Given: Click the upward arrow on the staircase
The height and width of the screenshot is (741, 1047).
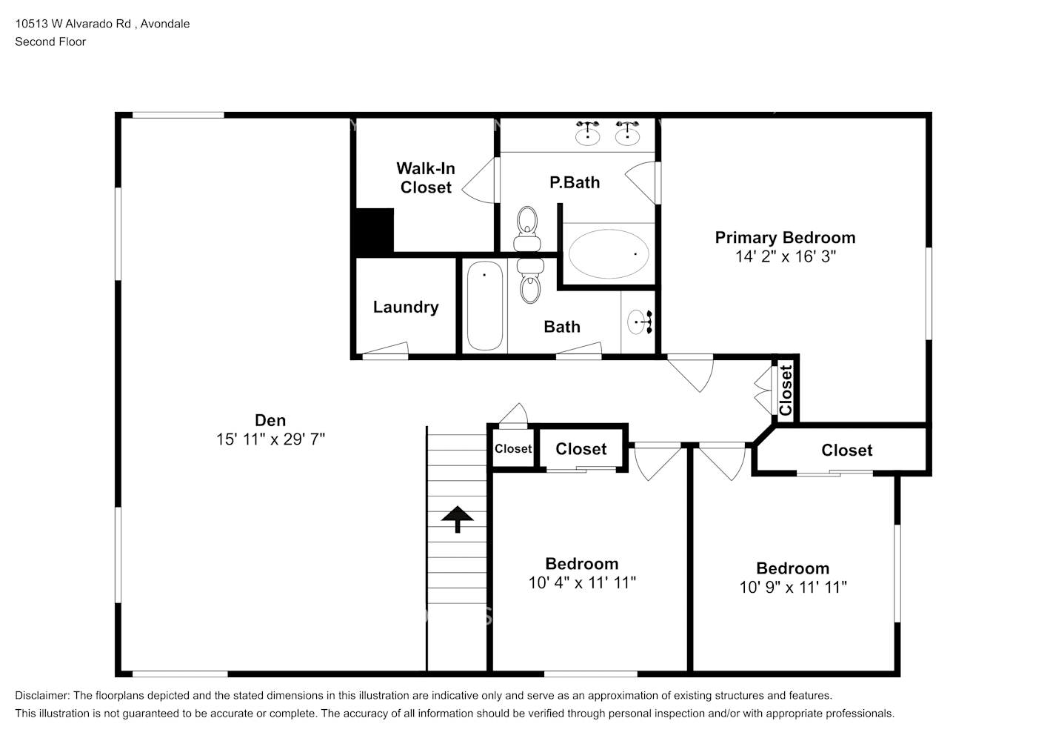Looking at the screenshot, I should tap(458, 519).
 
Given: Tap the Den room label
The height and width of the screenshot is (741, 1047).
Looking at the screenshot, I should tap(270, 420).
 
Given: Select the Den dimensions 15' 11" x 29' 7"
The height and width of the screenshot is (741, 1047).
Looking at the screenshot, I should tap(270, 439).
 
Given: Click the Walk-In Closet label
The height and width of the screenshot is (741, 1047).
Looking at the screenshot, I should tap(426, 178).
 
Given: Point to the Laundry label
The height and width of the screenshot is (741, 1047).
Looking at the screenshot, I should tap(406, 307).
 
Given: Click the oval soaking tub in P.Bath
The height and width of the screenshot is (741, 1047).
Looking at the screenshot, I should tap(609, 254).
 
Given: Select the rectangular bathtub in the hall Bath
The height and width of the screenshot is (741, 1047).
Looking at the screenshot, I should tap(485, 305).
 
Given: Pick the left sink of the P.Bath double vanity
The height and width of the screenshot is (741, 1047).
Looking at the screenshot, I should tap(588, 133).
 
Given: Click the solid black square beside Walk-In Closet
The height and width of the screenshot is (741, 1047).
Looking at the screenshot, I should tap(374, 230).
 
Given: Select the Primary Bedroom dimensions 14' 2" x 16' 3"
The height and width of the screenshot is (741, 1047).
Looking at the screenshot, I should tap(785, 256).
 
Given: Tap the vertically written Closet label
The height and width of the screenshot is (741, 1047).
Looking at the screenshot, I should tap(786, 390).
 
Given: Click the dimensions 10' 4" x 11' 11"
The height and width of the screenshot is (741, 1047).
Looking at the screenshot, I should tap(582, 583).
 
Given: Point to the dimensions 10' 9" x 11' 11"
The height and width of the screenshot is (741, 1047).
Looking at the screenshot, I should tap(793, 588).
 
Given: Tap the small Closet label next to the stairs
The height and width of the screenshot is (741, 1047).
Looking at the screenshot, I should tap(513, 448).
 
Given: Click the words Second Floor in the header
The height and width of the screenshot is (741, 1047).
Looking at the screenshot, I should tap(50, 41).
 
